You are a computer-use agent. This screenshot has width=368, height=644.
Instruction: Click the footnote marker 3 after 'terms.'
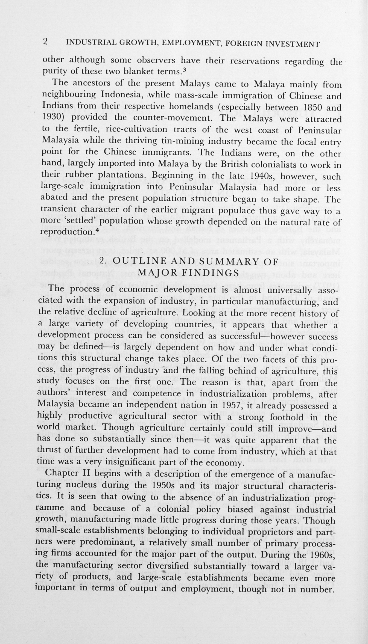185,69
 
